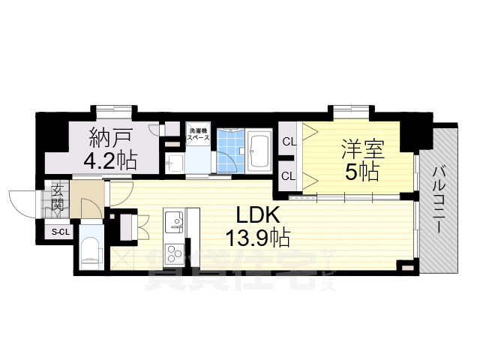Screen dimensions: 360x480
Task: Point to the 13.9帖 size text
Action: [257, 238]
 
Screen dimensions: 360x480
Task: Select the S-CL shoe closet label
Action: [59, 232]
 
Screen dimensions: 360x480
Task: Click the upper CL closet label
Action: [289, 141]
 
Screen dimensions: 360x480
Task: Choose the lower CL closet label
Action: [289, 176]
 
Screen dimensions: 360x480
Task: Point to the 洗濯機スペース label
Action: [198, 136]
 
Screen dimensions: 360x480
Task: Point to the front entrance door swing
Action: [22, 201]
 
